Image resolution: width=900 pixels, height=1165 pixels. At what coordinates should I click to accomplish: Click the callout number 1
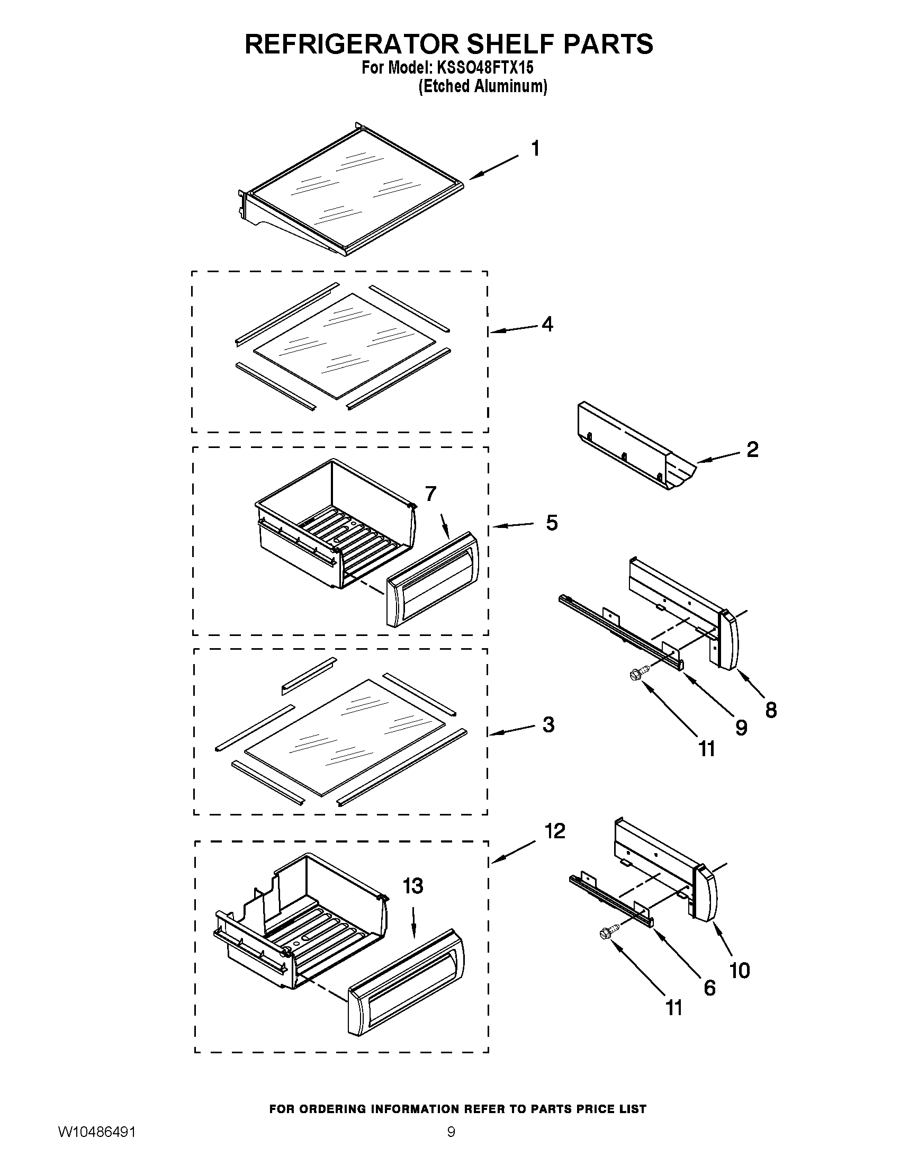click(x=535, y=148)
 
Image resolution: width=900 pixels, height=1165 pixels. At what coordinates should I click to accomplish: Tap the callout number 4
click(x=547, y=324)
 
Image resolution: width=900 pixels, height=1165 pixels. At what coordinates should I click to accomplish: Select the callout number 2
click(x=752, y=450)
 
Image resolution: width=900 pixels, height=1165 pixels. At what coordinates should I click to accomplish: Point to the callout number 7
click(x=431, y=494)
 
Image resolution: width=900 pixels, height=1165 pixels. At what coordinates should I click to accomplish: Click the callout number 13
click(x=413, y=886)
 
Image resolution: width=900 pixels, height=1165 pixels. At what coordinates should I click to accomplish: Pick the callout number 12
click(x=554, y=831)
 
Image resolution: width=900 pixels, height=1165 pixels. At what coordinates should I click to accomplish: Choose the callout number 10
click(x=740, y=970)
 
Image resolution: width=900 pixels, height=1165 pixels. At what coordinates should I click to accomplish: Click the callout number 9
click(x=741, y=728)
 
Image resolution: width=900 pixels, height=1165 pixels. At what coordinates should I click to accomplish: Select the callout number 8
click(x=771, y=710)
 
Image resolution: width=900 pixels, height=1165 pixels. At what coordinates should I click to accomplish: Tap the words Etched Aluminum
click(x=482, y=86)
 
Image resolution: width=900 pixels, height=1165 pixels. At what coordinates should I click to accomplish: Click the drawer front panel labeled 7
click(x=432, y=579)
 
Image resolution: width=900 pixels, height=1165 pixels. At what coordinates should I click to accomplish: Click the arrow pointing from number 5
click(x=513, y=525)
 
